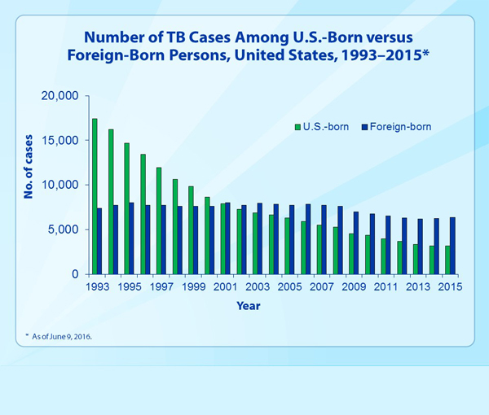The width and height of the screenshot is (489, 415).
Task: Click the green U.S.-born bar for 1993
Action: [x=95, y=196]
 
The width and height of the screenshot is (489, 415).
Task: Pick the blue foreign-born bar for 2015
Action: [x=453, y=246]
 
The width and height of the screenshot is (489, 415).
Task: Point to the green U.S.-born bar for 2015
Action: [x=447, y=260]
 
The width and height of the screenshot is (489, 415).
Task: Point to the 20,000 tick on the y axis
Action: [x=59, y=96]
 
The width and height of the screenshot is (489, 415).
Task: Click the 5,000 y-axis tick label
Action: [x=62, y=229]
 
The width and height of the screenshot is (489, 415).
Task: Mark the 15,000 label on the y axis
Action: [x=59, y=141]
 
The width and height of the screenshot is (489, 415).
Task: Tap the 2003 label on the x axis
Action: [x=257, y=287]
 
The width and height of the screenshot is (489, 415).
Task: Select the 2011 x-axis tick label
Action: [x=385, y=287]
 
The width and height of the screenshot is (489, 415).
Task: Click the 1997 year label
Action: [x=161, y=287]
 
